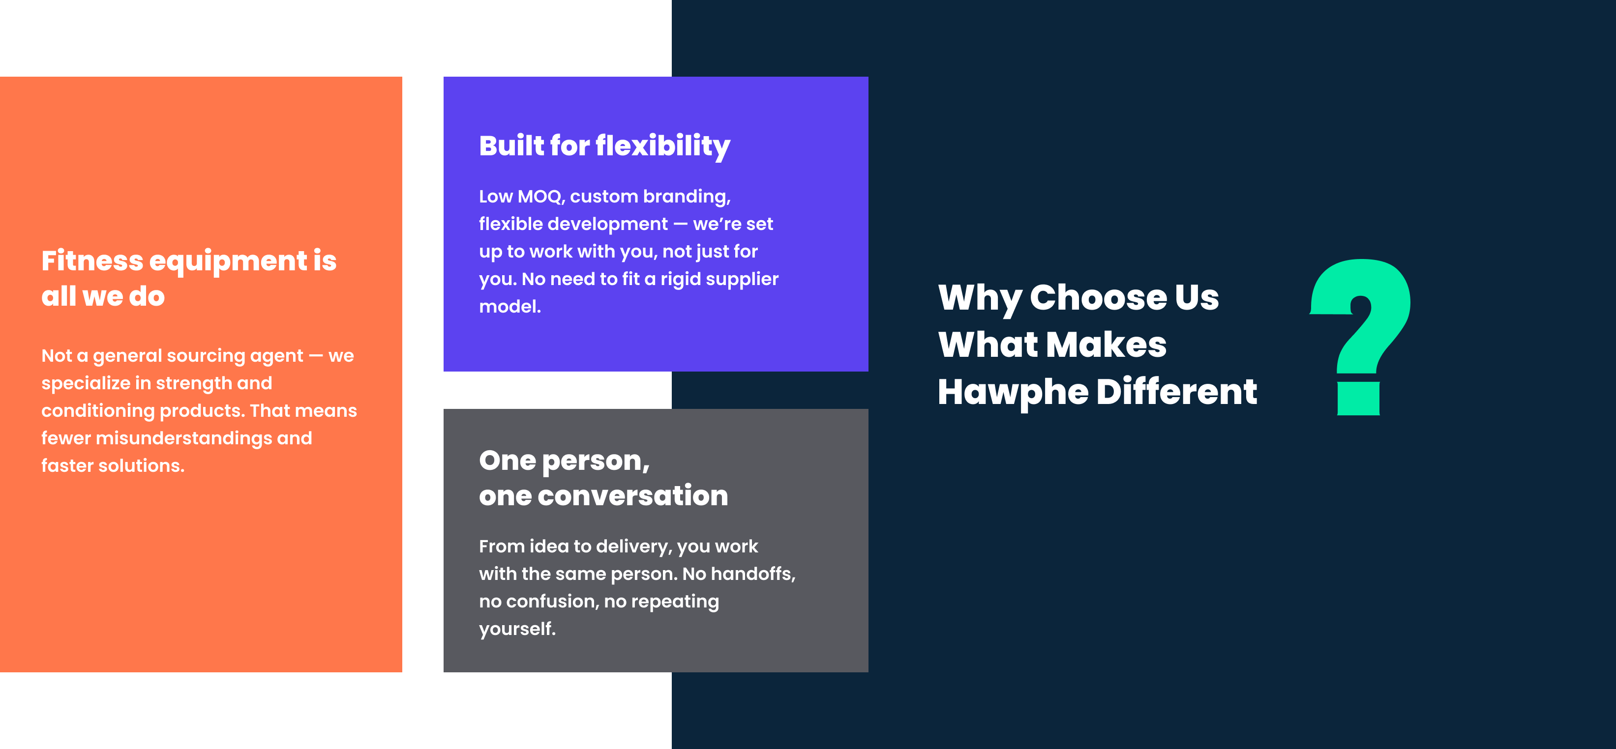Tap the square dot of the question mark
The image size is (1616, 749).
click(1358, 399)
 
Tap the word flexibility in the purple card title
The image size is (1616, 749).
click(662, 146)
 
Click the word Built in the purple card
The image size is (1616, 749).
click(511, 145)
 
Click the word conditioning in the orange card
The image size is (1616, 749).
click(98, 411)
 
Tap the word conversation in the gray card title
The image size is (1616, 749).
click(633, 496)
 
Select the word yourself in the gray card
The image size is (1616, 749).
click(517, 629)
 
